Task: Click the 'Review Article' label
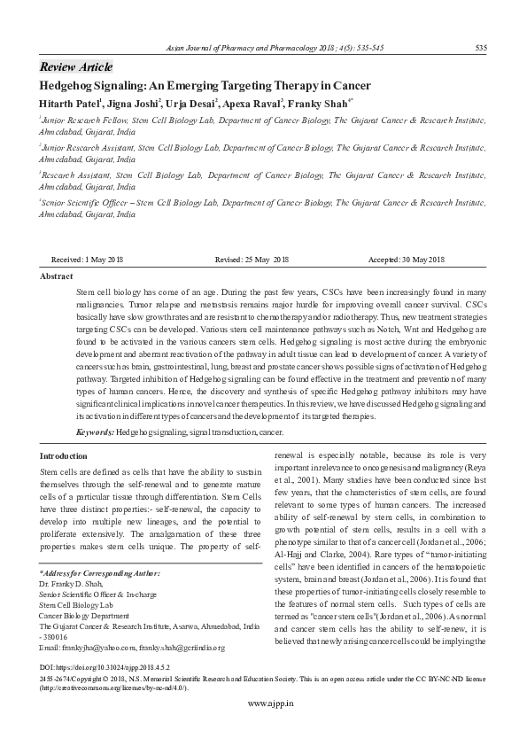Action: click(76, 67)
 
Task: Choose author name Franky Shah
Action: click(320, 102)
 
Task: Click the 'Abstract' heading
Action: click(57, 276)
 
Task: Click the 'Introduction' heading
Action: click(64, 455)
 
